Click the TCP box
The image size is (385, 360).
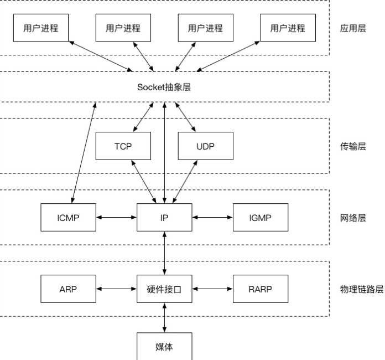123,146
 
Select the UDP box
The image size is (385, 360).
206,146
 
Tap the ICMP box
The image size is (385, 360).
68,217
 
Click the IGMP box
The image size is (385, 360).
261,217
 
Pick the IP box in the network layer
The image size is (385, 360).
164,217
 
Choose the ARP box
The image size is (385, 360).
68,289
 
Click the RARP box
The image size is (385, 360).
261,289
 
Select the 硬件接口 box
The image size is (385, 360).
164,289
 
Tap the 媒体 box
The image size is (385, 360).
164,346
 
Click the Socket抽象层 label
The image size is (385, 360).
164,87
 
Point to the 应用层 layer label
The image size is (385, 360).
353,28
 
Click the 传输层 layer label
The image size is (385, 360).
353,146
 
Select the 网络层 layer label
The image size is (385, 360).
353,218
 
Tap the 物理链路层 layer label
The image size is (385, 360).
362,289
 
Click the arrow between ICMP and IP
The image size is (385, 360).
116,217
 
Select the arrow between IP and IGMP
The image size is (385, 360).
212,217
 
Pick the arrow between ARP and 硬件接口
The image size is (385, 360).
116,289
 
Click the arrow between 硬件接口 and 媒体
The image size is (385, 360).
164,318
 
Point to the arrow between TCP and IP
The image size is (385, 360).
144,182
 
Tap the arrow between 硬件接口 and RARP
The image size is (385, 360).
212,289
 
